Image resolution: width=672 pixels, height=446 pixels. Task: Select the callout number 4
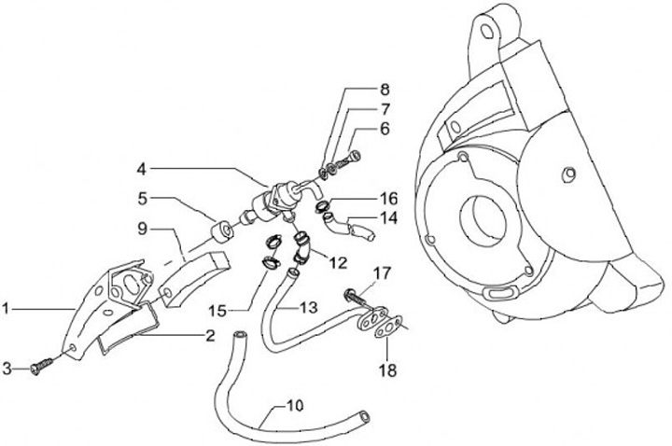(141, 169)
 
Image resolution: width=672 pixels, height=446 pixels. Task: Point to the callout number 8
(384, 91)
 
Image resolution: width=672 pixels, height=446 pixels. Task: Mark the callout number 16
(389, 198)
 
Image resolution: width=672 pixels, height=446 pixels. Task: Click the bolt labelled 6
(349, 160)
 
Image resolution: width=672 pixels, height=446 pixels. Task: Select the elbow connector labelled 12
(303, 247)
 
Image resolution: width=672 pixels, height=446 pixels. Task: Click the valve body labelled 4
(277, 198)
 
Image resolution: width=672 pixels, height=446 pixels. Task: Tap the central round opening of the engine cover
(491, 217)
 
